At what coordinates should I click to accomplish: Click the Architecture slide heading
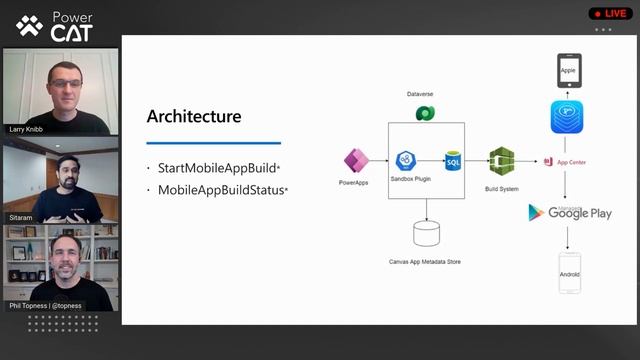click(x=194, y=116)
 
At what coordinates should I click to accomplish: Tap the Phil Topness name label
click(x=44, y=305)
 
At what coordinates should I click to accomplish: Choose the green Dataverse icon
click(x=423, y=112)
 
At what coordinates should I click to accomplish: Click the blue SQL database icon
click(x=452, y=161)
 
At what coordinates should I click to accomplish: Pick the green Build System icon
click(x=501, y=161)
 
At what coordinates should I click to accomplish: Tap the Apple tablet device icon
click(x=567, y=71)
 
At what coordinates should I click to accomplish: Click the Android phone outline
click(x=568, y=272)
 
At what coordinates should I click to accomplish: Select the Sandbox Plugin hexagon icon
click(x=406, y=161)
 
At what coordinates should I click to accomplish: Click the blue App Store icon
click(x=566, y=118)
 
